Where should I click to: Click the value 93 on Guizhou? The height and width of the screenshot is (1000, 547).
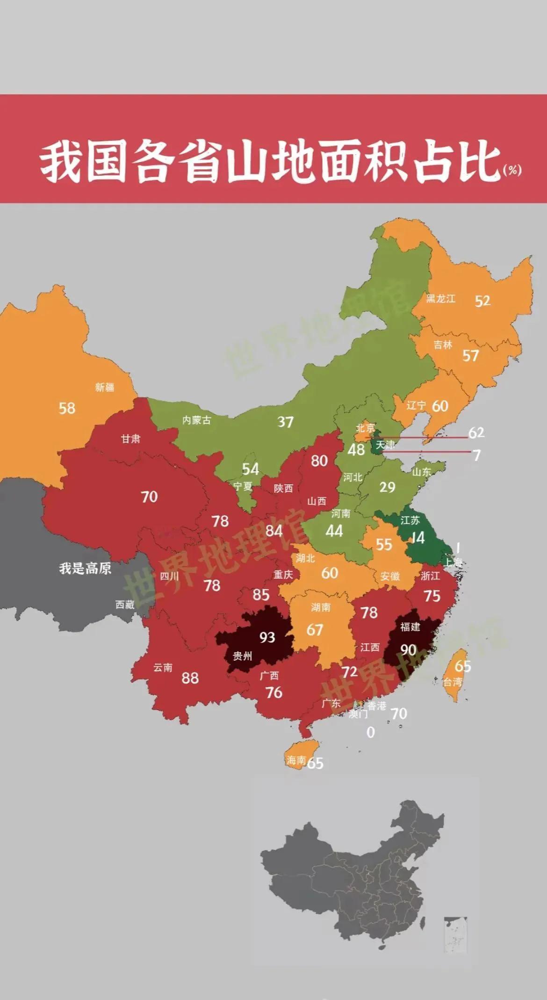pyautogui.click(x=267, y=637)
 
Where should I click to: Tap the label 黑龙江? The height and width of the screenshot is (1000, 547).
pyautogui.click(x=440, y=299)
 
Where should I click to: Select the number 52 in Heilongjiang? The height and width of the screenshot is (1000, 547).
pyautogui.click(x=482, y=301)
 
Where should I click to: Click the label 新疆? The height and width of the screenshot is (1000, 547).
pyautogui.click(x=105, y=387)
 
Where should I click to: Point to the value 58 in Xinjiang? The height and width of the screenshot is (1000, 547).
pyautogui.click(x=67, y=408)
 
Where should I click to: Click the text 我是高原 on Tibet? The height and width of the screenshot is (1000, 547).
pyautogui.click(x=85, y=568)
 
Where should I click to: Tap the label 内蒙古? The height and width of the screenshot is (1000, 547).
pyautogui.click(x=196, y=420)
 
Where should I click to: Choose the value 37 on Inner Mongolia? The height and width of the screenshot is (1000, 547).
pyautogui.click(x=285, y=422)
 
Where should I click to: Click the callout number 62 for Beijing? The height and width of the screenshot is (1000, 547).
pyautogui.click(x=476, y=432)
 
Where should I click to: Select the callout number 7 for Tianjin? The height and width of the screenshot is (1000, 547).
pyautogui.click(x=476, y=455)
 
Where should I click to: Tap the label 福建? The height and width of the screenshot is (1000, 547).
pyautogui.click(x=410, y=626)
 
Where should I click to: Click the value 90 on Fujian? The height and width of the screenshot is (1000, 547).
pyautogui.click(x=408, y=650)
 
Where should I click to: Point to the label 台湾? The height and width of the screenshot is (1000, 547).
pyautogui.click(x=453, y=682)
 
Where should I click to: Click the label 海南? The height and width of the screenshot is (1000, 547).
pyautogui.click(x=296, y=761)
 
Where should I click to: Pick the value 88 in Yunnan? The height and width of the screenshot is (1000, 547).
pyautogui.click(x=190, y=678)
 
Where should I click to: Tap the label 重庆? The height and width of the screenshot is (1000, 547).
pyautogui.click(x=283, y=575)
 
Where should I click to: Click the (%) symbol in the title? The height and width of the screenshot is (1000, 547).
pyautogui.click(x=512, y=170)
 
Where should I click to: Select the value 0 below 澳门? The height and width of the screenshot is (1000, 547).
pyautogui.click(x=370, y=732)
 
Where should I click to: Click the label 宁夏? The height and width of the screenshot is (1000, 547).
pyautogui.click(x=243, y=486)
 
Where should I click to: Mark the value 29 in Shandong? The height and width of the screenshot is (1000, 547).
pyautogui.click(x=387, y=487)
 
